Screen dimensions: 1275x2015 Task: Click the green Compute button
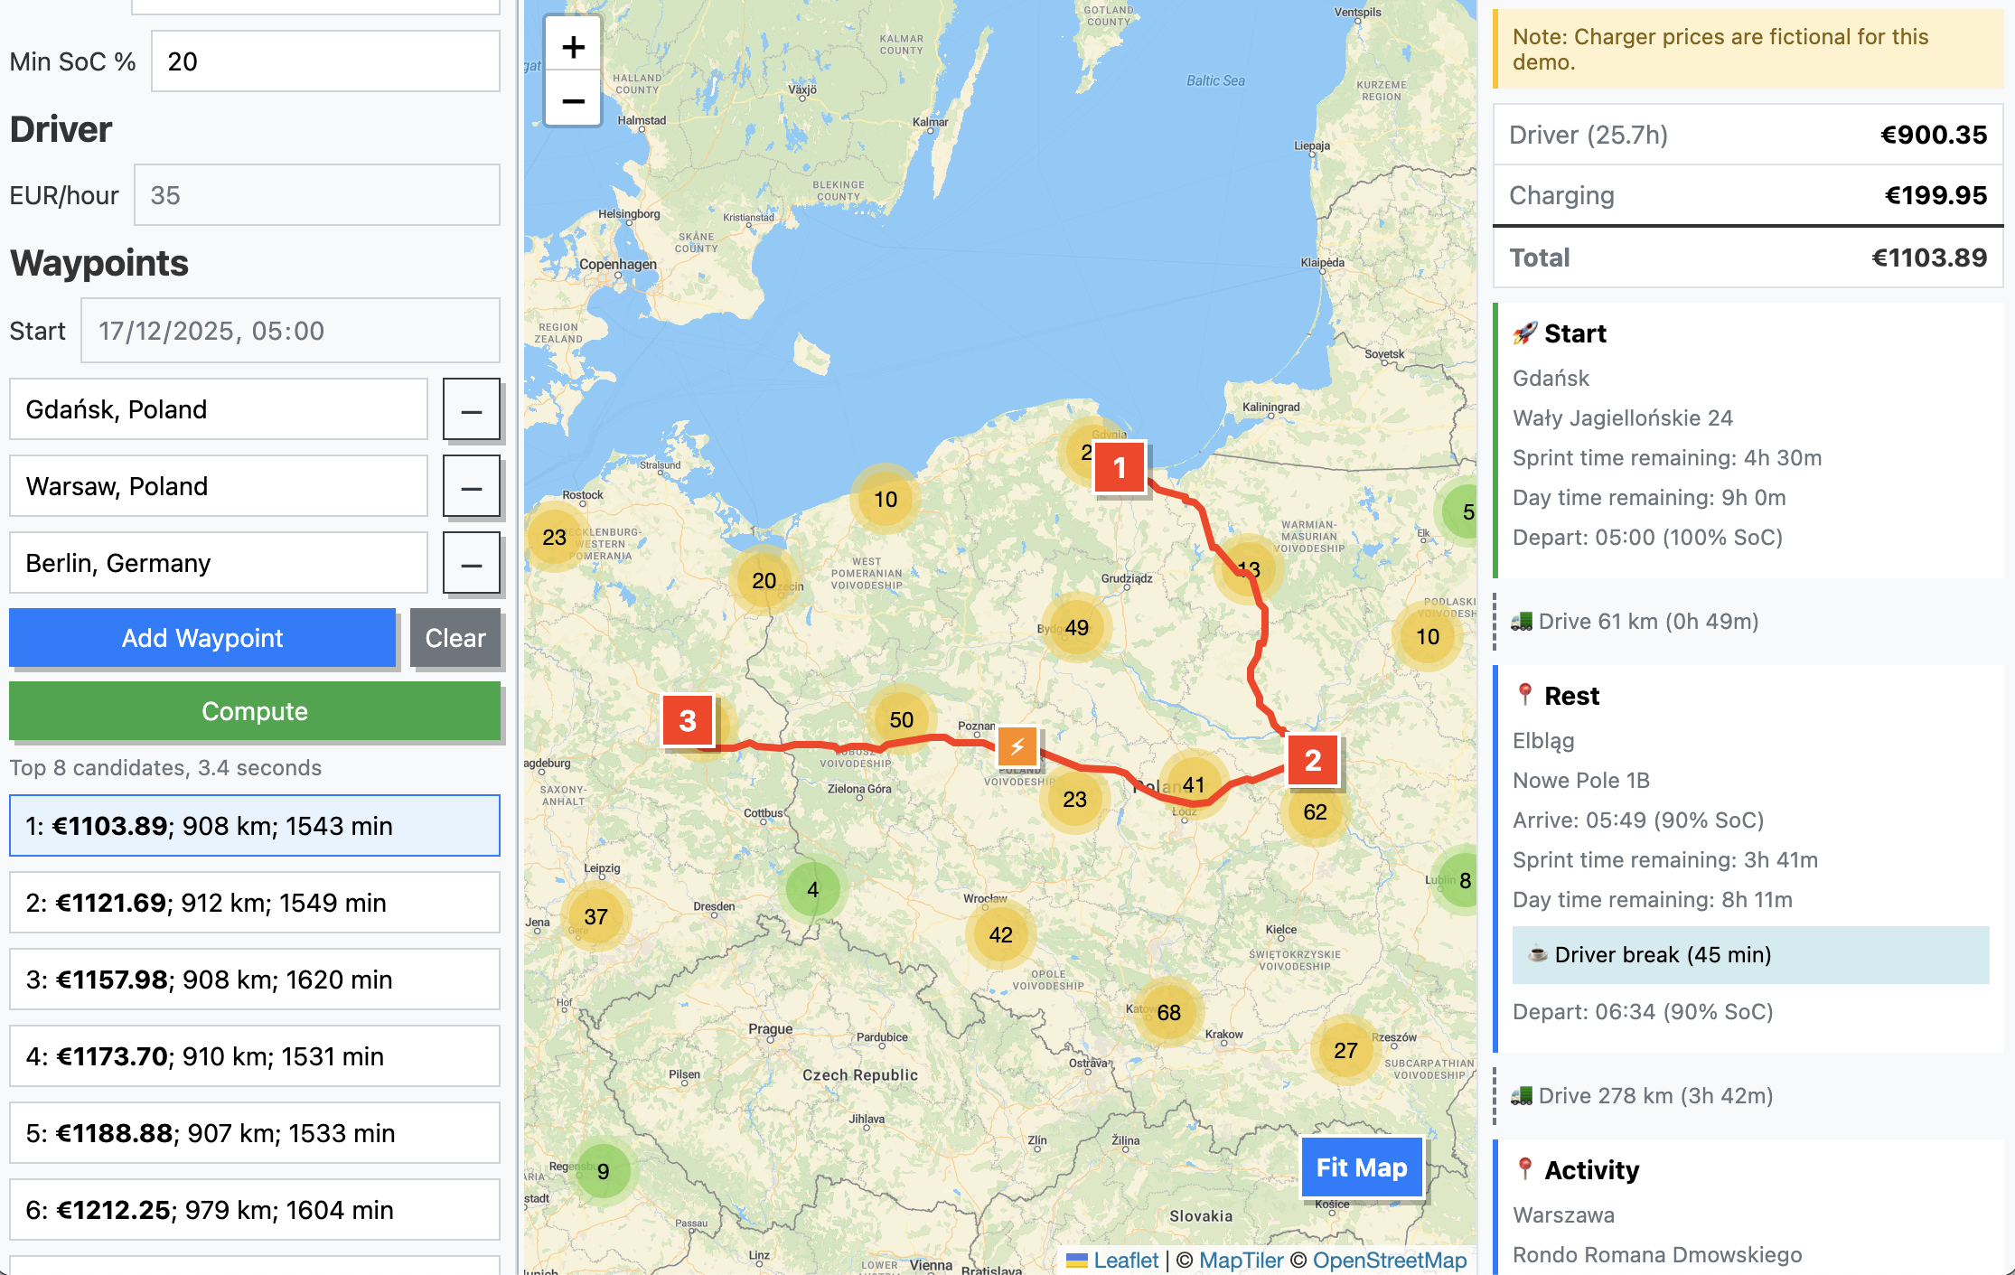tap(254, 711)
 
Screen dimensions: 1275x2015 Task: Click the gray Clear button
tap(455, 638)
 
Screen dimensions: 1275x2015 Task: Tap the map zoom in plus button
tap(573, 47)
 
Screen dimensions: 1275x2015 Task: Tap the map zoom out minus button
tap(573, 100)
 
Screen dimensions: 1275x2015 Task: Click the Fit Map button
tap(1361, 1167)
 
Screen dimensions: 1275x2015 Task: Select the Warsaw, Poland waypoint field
tap(218, 486)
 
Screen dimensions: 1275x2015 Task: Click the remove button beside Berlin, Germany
tap(471, 564)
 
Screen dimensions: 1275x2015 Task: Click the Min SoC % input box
tap(324, 61)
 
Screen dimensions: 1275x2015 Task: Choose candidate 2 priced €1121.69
tap(254, 903)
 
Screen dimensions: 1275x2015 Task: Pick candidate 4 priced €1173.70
tap(254, 1056)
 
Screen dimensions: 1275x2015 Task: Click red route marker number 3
tap(688, 720)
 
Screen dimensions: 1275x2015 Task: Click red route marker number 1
tap(1120, 467)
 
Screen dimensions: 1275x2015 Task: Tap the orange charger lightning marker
tap(1017, 746)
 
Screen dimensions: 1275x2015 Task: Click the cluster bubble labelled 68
tap(1168, 1012)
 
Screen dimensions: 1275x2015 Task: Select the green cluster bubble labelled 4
tap(812, 890)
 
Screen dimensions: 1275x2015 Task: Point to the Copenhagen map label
tap(618, 265)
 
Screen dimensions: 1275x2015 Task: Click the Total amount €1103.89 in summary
tap(1928, 258)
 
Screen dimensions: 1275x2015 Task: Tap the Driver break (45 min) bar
tap(1749, 955)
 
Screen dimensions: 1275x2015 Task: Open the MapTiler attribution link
tap(1241, 1261)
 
